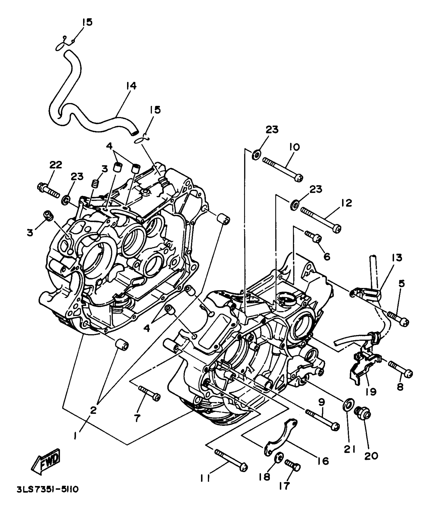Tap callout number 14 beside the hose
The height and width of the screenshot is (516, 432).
tap(131, 86)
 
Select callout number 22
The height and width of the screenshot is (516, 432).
tap(56, 165)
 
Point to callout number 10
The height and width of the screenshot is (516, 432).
tap(294, 147)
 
